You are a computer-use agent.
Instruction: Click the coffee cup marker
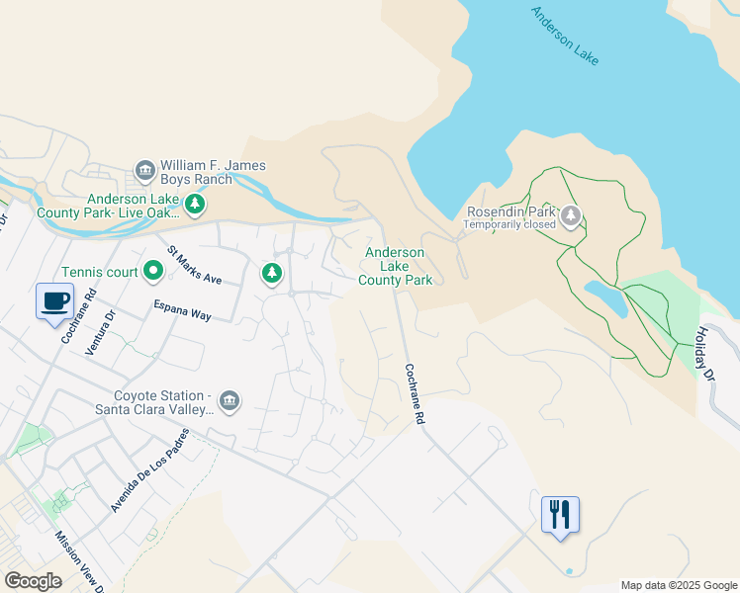click(54, 299)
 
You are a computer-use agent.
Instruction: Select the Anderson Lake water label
click(565, 37)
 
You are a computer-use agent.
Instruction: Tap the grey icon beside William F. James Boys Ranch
click(145, 172)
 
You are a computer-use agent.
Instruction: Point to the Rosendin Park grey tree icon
click(571, 216)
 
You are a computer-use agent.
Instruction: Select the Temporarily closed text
click(510, 223)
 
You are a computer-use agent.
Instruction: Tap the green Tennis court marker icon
click(153, 269)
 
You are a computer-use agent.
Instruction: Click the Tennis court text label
click(99, 272)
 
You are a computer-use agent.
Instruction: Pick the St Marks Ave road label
click(194, 265)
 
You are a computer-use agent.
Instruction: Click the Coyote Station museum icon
click(229, 401)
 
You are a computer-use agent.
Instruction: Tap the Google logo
click(33, 581)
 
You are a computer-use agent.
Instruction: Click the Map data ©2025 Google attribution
click(679, 585)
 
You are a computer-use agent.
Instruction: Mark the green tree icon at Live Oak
click(196, 204)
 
